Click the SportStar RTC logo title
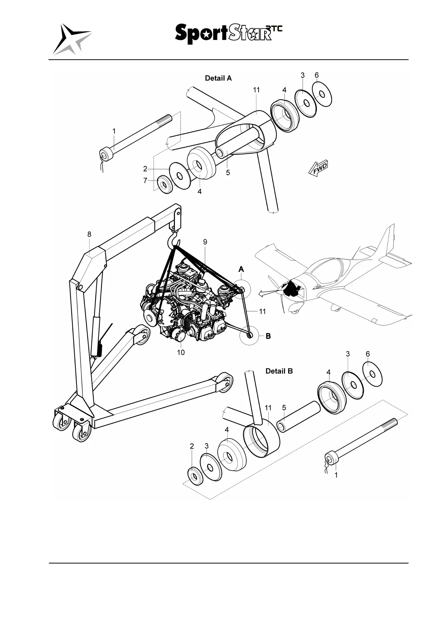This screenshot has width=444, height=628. click(x=228, y=34)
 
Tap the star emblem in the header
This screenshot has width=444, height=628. click(x=72, y=39)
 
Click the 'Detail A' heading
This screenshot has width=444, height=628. click(x=218, y=78)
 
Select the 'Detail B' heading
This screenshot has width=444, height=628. click(x=279, y=371)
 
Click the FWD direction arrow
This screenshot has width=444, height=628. click(x=318, y=168)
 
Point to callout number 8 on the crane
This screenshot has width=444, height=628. click(x=90, y=234)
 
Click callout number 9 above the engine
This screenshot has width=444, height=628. click(x=205, y=242)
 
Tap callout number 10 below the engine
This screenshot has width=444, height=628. click(x=181, y=352)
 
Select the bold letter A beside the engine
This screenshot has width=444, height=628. click(x=241, y=269)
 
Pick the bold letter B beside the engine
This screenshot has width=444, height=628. click(x=268, y=336)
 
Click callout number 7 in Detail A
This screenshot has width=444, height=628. click(x=146, y=181)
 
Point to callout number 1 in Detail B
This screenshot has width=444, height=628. click(x=336, y=475)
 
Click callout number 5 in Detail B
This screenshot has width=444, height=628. click(x=284, y=408)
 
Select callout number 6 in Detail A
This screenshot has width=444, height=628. click(x=317, y=75)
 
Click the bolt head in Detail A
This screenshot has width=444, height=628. click(x=107, y=154)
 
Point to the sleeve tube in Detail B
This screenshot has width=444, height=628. click(x=298, y=417)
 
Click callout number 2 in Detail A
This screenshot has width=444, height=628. click(x=146, y=169)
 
